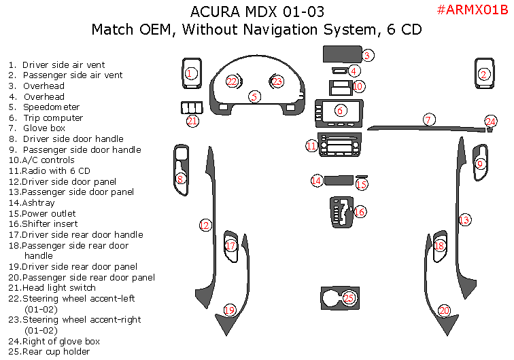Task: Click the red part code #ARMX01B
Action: [471, 10]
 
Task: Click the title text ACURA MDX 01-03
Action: [257, 12]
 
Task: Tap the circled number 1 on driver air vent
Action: [190, 73]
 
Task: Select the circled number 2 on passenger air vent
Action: [484, 75]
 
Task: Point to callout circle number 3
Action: [367, 56]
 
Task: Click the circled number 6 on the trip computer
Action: [341, 110]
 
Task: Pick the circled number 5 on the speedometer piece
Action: [254, 96]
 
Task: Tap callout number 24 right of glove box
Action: [491, 122]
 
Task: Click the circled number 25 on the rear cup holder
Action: [349, 298]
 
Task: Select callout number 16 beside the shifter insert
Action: [360, 212]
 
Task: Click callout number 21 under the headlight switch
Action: [192, 121]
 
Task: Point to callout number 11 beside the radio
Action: [311, 145]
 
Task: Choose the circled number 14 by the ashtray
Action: [316, 181]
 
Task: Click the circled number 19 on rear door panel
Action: [230, 310]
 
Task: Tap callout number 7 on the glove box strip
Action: [428, 120]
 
